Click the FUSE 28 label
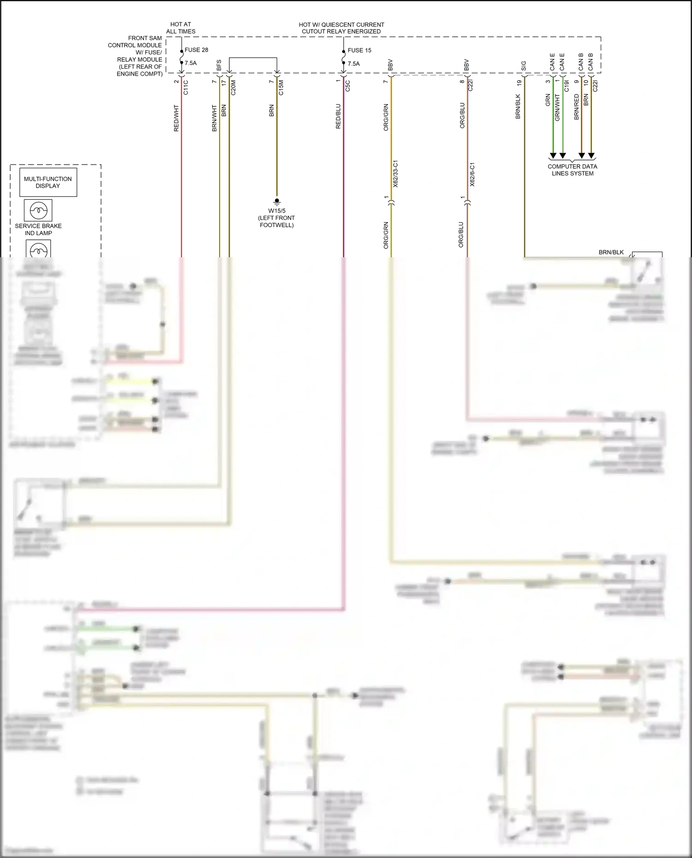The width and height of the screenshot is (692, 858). click(196, 50)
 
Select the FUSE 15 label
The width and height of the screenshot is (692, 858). click(359, 50)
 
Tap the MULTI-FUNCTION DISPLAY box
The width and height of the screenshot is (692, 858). click(48, 183)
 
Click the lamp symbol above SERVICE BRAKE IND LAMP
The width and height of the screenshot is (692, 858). click(38, 211)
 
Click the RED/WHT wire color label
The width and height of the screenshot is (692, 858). click(176, 118)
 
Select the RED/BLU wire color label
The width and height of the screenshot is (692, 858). click(338, 116)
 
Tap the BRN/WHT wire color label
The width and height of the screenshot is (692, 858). click(215, 118)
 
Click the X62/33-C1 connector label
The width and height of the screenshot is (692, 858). click(395, 174)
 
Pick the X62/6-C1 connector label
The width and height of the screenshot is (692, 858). click(472, 174)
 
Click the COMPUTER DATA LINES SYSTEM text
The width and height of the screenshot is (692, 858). click(572, 170)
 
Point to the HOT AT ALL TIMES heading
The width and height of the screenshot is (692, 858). click(181, 28)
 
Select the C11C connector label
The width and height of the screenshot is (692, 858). click(186, 88)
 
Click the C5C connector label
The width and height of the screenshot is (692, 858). click(348, 86)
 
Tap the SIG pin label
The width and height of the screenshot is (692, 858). click(524, 66)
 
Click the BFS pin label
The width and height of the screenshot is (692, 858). click(219, 65)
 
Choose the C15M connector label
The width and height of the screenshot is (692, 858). click(281, 88)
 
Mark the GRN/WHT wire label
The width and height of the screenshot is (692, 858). click(557, 108)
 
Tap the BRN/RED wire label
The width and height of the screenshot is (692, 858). click(577, 107)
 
